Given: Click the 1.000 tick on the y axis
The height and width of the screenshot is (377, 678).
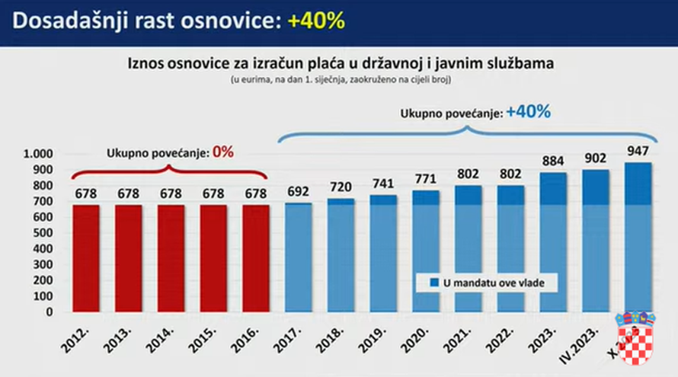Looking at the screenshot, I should click(x=37, y=154).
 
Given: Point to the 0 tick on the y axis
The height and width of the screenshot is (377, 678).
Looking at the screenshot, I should click(x=48, y=312).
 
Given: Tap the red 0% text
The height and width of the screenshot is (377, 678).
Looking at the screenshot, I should click(x=222, y=152).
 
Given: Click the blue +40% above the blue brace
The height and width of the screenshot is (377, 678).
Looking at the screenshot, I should click(x=527, y=112).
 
